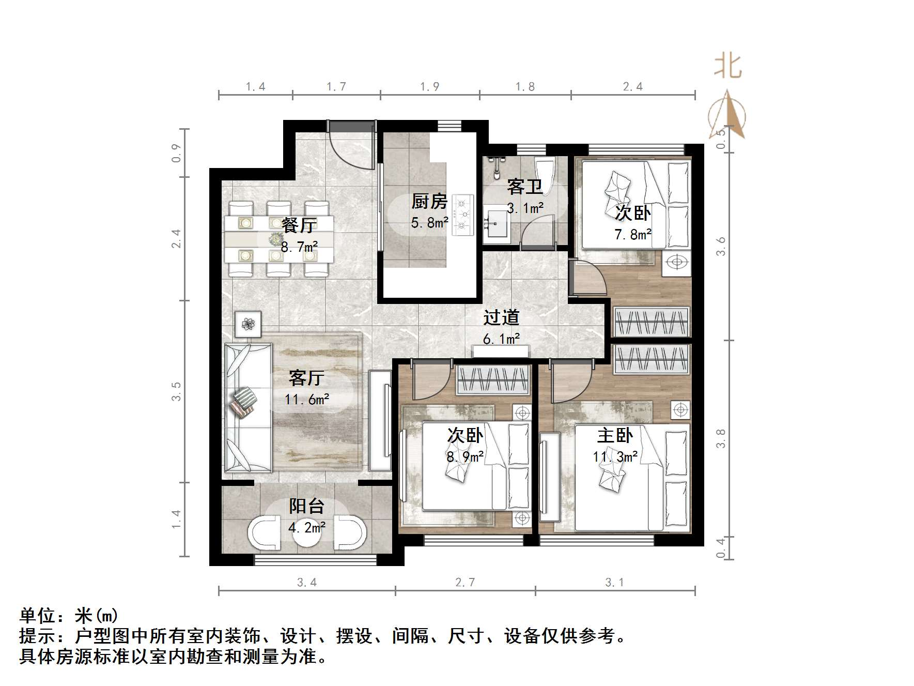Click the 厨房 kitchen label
tap(429, 201)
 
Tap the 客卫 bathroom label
tap(524, 187)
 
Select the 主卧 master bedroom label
tap(614, 435)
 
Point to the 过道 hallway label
tap(501, 317)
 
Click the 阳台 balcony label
tap(306, 506)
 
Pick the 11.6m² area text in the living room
tap(307, 400)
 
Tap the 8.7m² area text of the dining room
tap(299, 247)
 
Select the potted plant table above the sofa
tap(249, 324)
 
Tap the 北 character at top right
tap(727, 67)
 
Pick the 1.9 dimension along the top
tap(429, 87)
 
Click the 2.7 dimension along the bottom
tap(464, 583)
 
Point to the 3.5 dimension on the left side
tap(177, 391)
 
